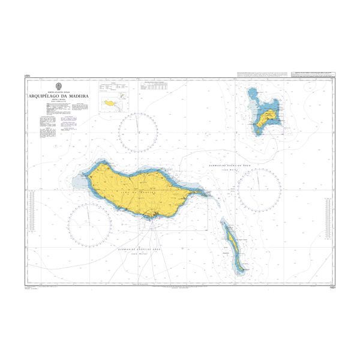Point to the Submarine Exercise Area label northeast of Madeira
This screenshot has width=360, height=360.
point(222,164)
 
